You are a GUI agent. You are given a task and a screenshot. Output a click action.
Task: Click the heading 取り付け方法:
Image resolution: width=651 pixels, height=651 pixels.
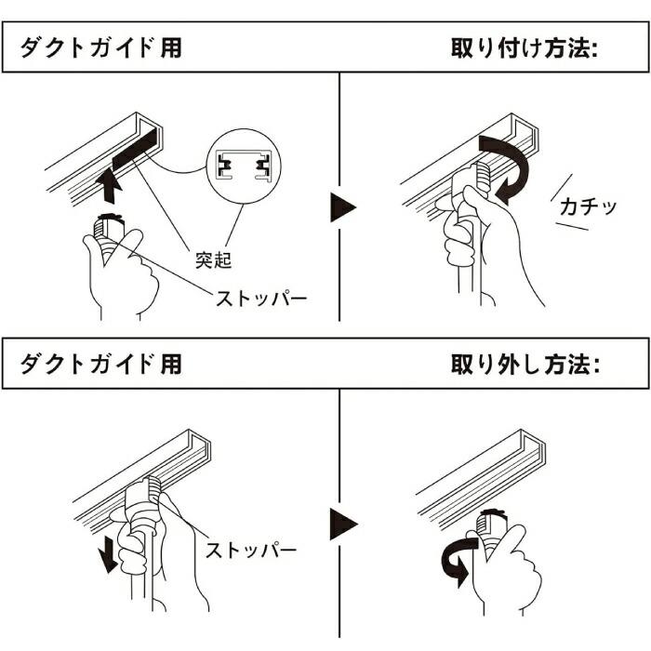523,48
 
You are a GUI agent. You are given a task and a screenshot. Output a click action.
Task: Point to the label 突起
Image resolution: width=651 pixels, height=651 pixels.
213,259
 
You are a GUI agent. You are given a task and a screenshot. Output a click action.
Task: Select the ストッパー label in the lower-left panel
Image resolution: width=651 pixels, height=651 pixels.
251,550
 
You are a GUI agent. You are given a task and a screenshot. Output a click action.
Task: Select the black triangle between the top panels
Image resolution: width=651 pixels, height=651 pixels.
343,206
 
